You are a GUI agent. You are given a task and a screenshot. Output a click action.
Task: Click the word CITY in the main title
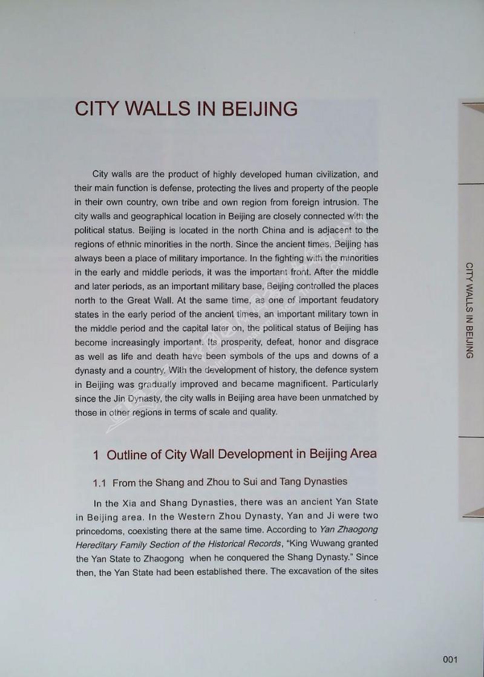[x=100, y=109]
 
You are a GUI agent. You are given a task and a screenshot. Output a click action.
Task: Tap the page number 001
[x=453, y=659]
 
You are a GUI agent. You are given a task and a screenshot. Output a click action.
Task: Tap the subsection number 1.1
[x=100, y=483]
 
